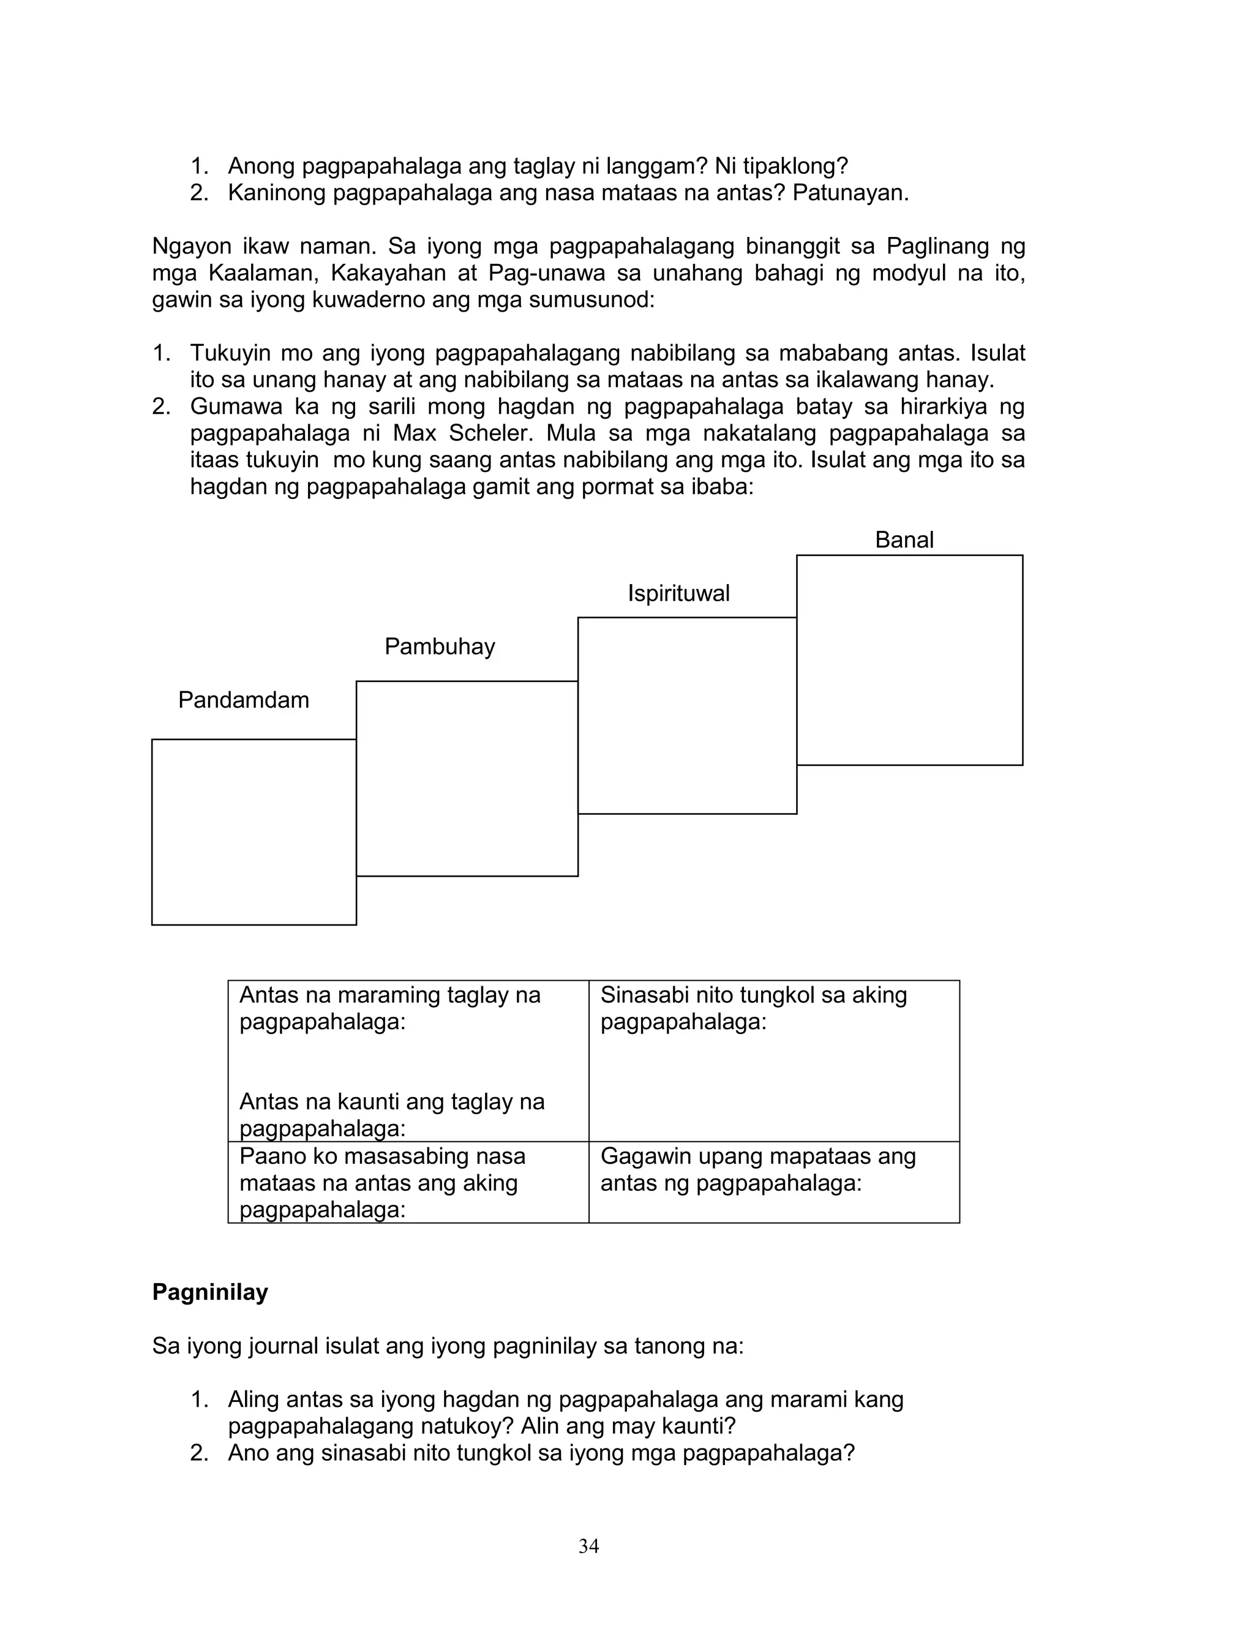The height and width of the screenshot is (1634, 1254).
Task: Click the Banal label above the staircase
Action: click(x=903, y=539)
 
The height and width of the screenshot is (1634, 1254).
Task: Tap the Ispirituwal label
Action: click(x=678, y=593)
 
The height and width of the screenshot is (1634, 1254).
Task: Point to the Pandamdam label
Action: click(x=243, y=700)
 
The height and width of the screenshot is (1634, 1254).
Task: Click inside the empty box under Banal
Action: click(x=909, y=661)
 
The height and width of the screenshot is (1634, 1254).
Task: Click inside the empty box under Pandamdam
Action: click(x=253, y=832)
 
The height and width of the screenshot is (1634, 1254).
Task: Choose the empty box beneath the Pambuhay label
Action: click(x=467, y=778)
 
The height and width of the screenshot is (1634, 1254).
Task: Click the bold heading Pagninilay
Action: click(x=210, y=1292)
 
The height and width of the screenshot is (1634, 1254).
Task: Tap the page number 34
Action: click(x=588, y=1546)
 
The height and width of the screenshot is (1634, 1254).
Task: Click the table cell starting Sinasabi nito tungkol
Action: click(x=773, y=1060)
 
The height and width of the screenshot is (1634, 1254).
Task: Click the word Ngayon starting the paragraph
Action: click(x=189, y=246)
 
